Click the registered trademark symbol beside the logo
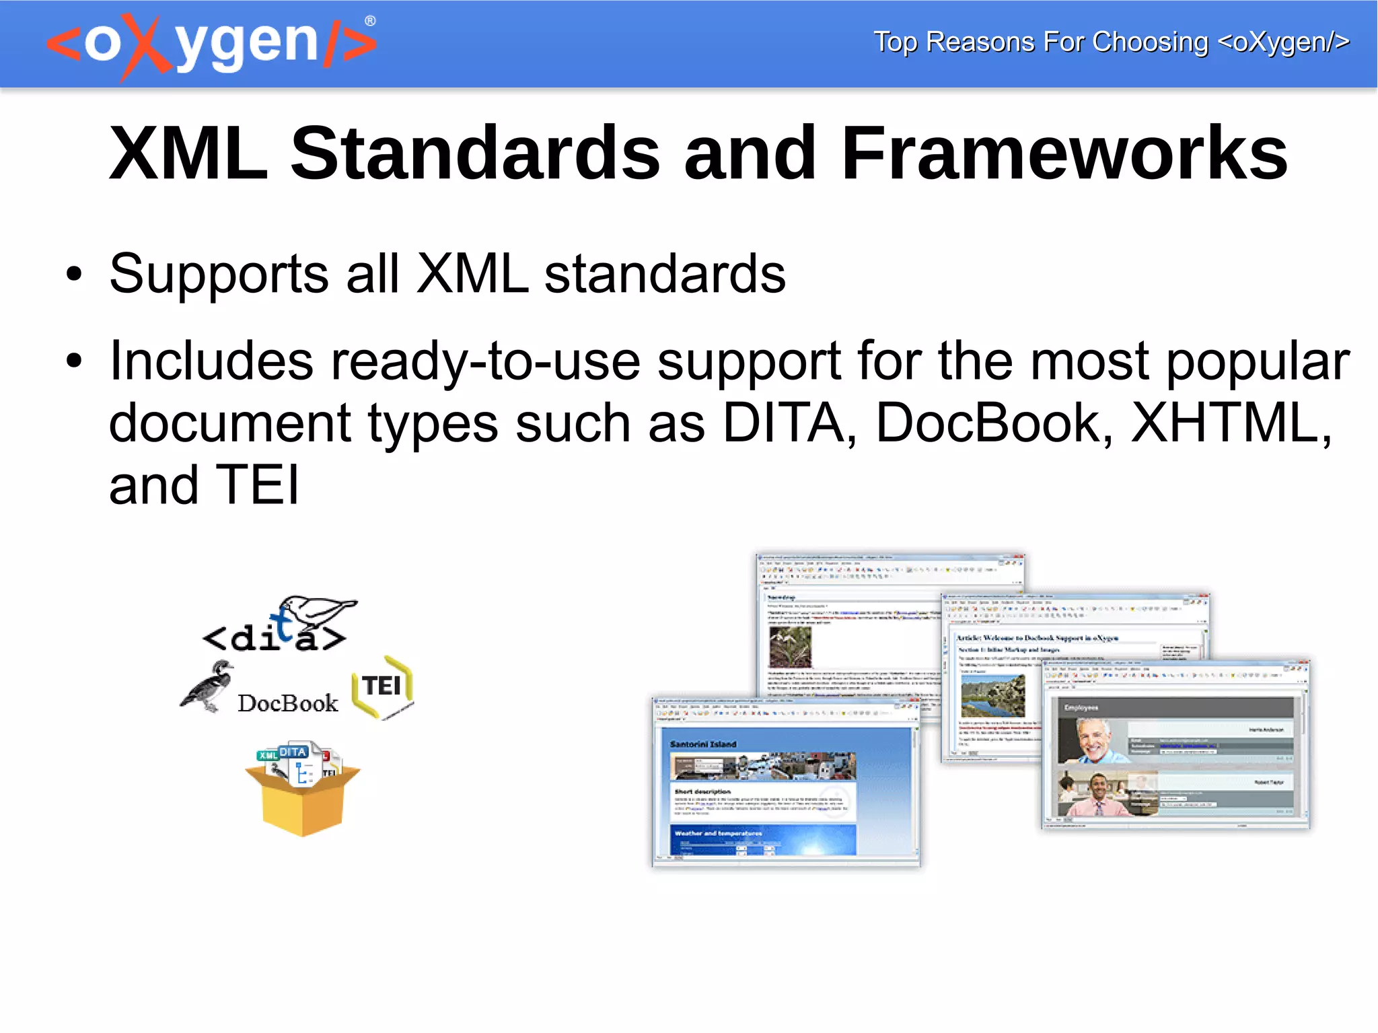pyautogui.click(x=370, y=21)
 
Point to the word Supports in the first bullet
pyautogui.click(x=219, y=275)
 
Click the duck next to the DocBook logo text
pyautogui.click(x=209, y=686)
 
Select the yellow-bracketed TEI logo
pyautogui.click(x=382, y=687)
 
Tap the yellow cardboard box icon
pyautogui.click(x=303, y=794)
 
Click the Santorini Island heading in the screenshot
pyautogui.click(x=703, y=744)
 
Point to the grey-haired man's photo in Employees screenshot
pyautogui.click(x=1093, y=740)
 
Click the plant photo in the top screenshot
pyautogui.click(x=791, y=646)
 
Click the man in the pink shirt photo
pyautogui.click(x=1097, y=794)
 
